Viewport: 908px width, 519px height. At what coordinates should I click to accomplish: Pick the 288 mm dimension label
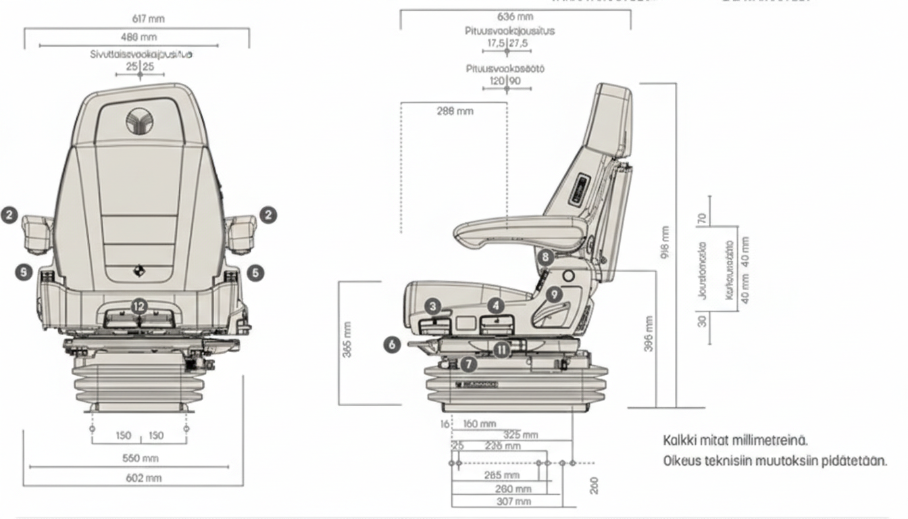(455, 111)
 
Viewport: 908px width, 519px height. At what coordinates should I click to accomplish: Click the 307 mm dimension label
(514, 501)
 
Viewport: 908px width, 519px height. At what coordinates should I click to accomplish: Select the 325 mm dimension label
(520, 435)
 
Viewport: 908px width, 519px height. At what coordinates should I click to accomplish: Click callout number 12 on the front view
(138, 306)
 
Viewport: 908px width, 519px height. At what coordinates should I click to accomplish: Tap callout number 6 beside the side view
(392, 344)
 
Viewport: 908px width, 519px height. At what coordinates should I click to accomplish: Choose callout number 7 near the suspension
(469, 365)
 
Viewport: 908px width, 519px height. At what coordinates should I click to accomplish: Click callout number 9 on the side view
(553, 294)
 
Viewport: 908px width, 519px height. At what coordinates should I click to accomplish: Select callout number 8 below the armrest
(547, 257)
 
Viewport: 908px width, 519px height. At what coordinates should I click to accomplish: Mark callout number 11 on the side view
(501, 349)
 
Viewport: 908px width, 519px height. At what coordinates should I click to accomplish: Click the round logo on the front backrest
(139, 122)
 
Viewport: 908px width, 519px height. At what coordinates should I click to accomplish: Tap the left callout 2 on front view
(9, 215)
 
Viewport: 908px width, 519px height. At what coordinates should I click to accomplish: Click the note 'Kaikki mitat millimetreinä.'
(736, 441)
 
